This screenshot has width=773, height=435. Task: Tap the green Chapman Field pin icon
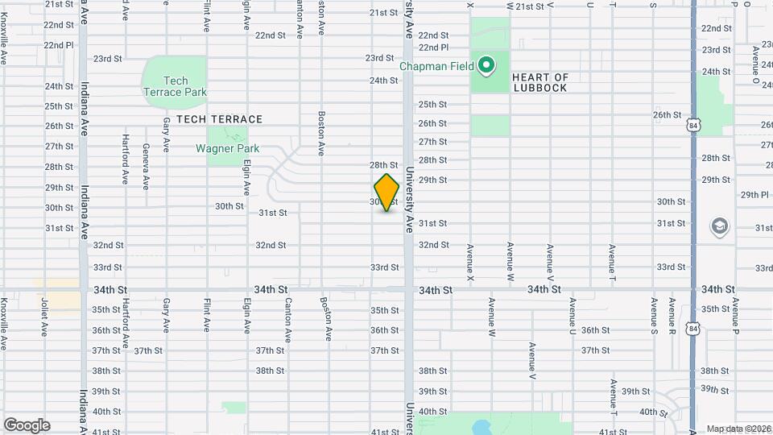click(486, 64)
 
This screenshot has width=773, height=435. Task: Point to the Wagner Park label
click(227, 148)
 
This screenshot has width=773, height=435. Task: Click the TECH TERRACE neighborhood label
click(219, 119)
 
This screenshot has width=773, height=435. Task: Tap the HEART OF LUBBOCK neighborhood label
click(540, 83)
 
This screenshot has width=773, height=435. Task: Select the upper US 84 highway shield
click(695, 126)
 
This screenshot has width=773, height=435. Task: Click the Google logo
click(27, 425)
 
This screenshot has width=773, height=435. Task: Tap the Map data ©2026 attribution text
click(738, 429)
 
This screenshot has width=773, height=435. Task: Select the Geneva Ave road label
click(146, 167)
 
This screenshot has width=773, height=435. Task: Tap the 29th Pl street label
click(755, 194)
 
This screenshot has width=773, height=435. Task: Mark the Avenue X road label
click(470, 263)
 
